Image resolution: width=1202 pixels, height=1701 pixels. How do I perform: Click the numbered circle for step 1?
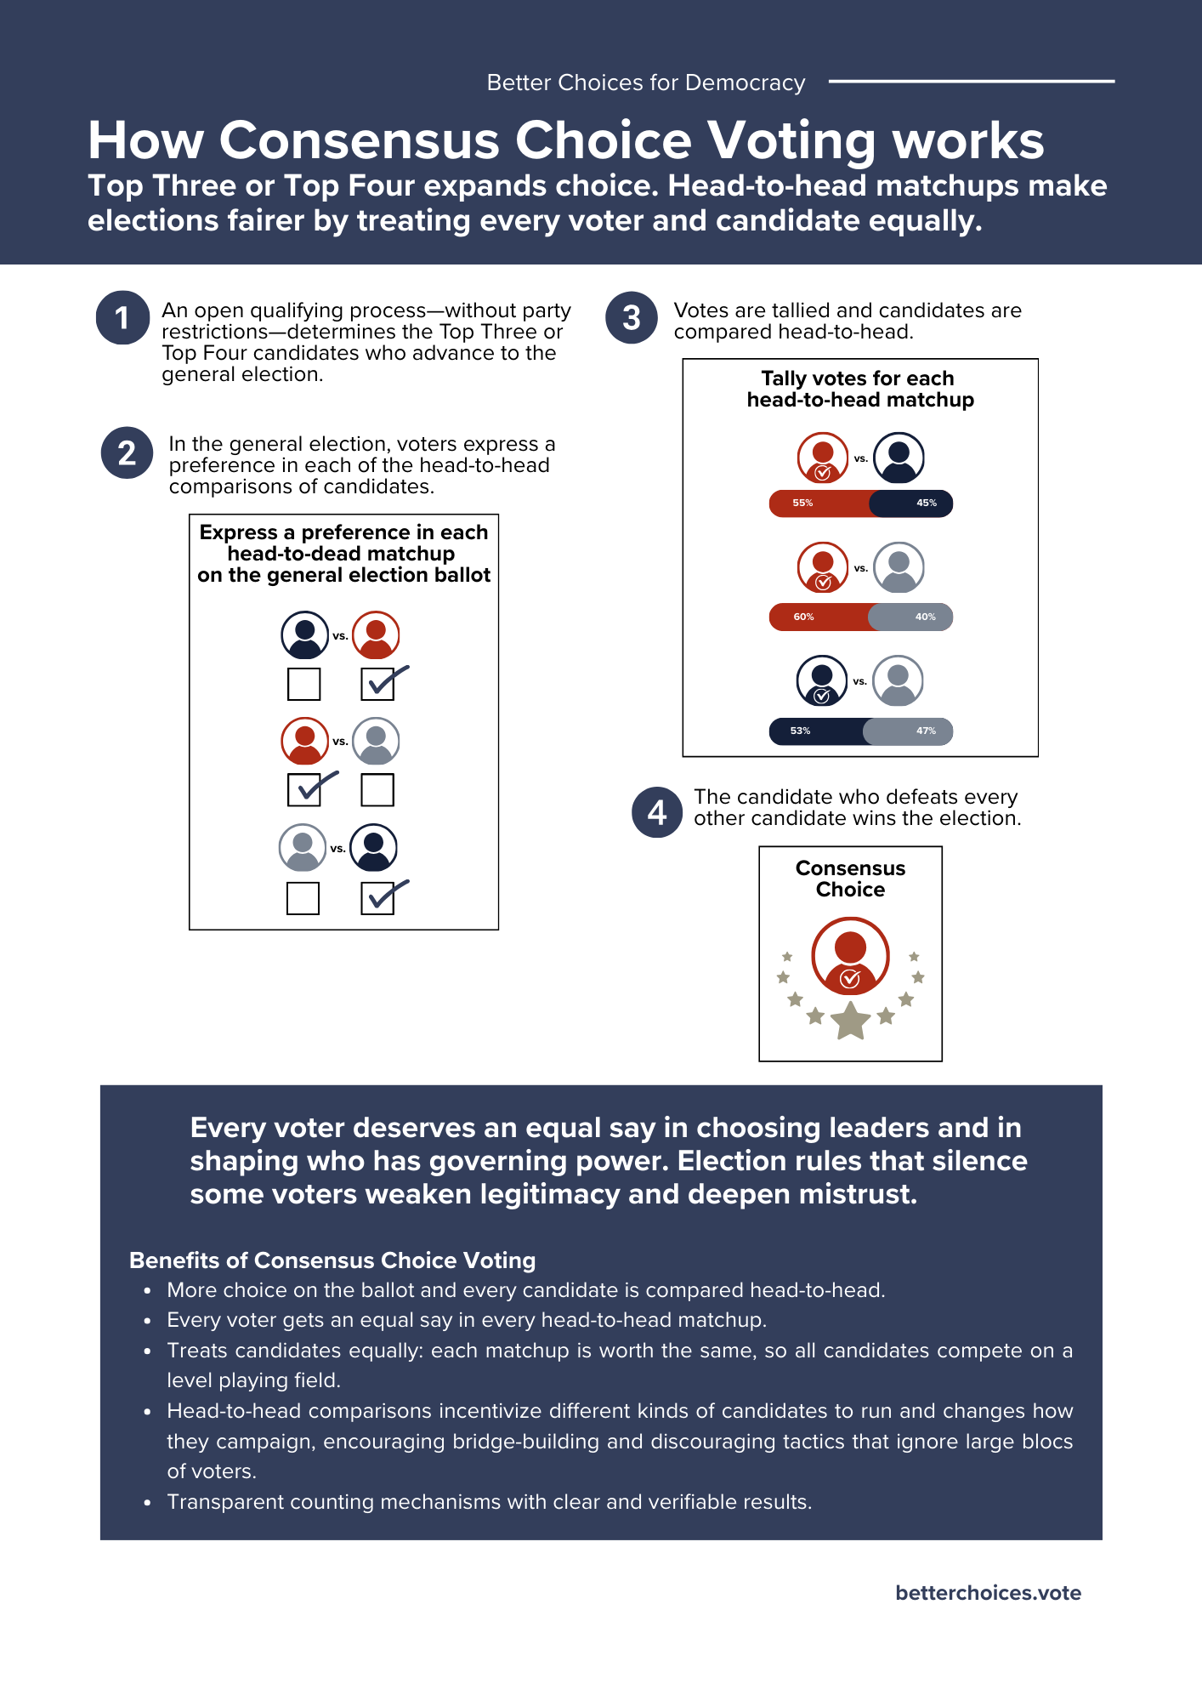[x=122, y=318]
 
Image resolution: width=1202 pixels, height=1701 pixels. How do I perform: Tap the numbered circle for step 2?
[x=127, y=452]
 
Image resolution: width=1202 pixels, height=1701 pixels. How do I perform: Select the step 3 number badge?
[x=632, y=318]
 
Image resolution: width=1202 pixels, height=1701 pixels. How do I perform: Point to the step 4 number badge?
[x=657, y=812]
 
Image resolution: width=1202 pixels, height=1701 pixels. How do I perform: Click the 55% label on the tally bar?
[x=802, y=503]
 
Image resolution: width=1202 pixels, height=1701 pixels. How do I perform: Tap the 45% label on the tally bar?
[x=926, y=503]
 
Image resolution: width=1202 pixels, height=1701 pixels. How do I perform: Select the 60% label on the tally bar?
[x=803, y=617]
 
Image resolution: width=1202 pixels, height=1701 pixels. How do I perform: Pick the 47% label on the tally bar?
[x=926, y=731]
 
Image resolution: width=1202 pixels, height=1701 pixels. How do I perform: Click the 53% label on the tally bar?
[x=800, y=731]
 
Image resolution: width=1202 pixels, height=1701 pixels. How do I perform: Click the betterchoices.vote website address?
[x=988, y=1593]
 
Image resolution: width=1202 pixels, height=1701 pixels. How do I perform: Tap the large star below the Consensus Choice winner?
[x=850, y=1020]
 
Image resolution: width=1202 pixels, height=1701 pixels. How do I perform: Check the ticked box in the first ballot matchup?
[x=377, y=684]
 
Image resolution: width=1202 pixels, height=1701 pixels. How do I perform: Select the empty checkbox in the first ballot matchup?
[x=303, y=684]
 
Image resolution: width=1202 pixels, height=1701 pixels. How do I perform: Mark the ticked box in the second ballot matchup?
[x=303, y=790]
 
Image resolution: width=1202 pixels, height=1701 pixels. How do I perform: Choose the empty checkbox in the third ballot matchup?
[x=303, y=898]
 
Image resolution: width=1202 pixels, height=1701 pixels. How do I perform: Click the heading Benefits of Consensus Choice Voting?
[x=332, y=1260]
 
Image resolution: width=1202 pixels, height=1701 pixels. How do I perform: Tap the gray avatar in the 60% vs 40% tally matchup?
[x=899, y=567]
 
